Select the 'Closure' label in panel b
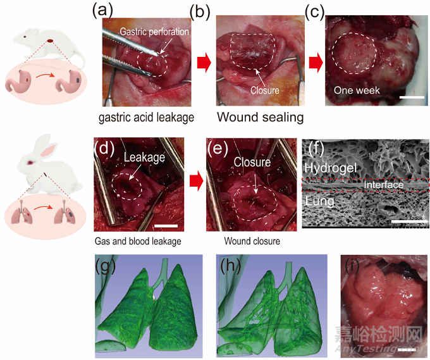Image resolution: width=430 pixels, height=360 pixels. coord(265,90)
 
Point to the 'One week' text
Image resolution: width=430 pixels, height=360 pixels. coord(357,90)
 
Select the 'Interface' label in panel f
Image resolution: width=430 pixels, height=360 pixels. coord(383,185)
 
